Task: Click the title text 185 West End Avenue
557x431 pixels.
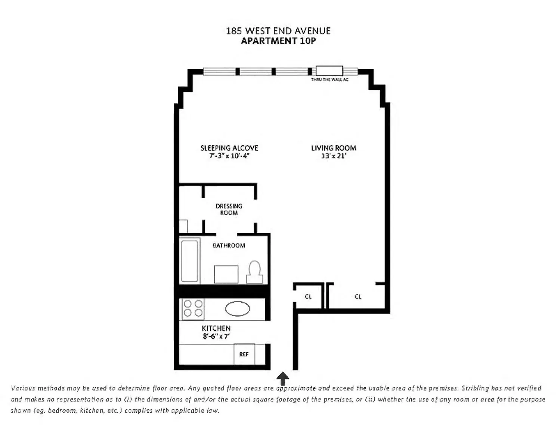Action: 278,31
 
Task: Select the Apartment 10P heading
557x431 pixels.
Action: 278,41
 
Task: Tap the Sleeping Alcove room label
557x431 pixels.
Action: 229,148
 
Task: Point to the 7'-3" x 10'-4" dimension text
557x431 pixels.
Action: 229,156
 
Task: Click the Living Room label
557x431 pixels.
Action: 334,148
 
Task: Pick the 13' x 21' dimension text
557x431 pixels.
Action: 334,156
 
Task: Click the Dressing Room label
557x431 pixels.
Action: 229,209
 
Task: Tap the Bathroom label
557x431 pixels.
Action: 229,245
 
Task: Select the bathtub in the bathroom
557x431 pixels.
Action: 189,261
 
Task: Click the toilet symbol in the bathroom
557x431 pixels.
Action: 254,272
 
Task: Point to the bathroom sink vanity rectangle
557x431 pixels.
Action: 226,274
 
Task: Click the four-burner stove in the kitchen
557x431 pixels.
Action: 193,308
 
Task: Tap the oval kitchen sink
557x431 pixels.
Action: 237,309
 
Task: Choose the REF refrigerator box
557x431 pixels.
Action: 244,354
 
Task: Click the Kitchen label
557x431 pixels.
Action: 216,328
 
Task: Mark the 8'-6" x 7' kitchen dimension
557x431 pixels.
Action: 216,336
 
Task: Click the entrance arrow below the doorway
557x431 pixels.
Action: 282,378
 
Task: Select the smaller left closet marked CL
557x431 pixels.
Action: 308,297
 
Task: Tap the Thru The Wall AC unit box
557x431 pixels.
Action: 329,71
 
